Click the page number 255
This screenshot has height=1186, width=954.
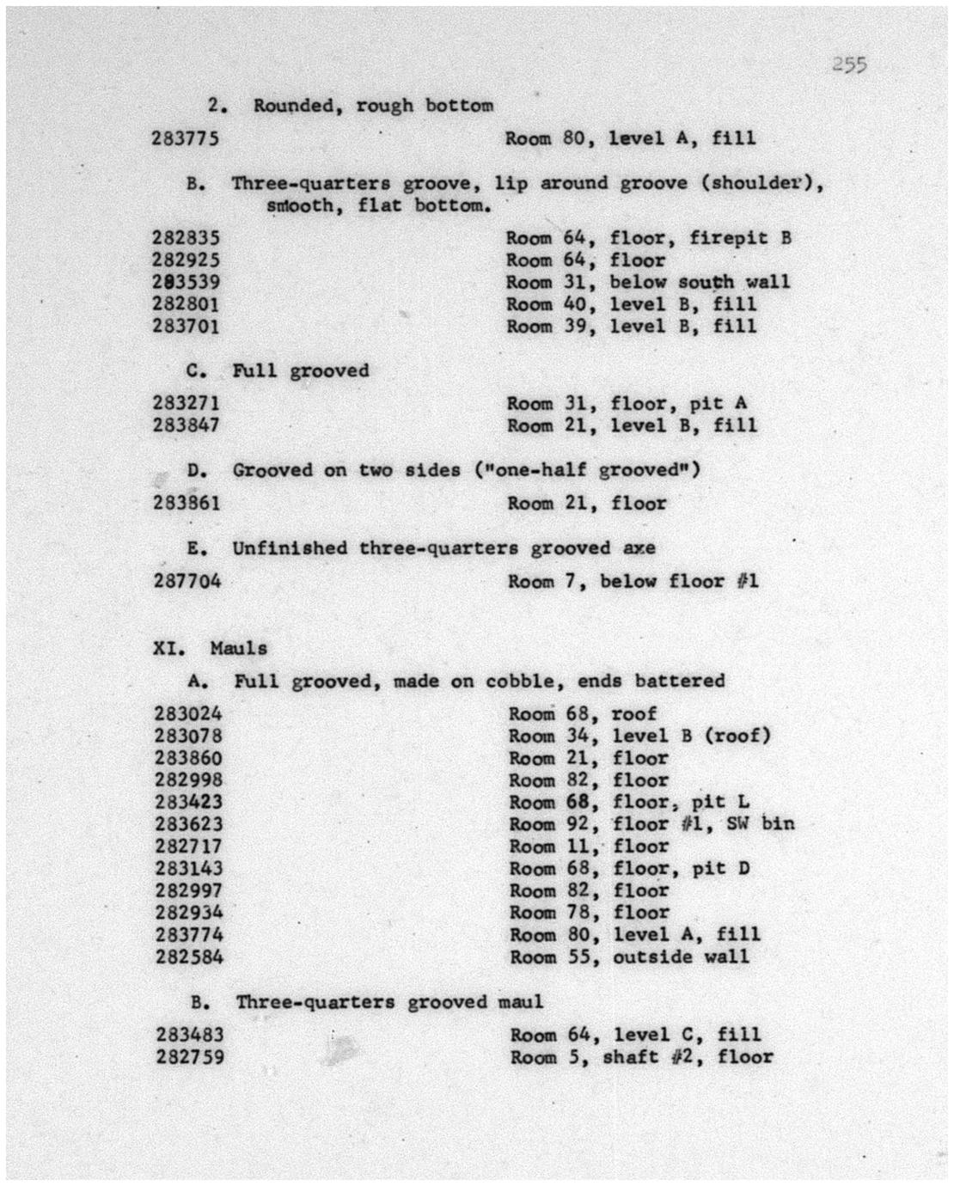(x=848, y=64)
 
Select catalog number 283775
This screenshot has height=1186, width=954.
(x=185, y=138)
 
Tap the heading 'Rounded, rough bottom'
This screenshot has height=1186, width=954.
(x=373, y=106)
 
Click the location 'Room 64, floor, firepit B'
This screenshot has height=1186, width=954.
(x=648, y=238)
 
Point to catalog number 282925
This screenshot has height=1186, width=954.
(x=186, y=260)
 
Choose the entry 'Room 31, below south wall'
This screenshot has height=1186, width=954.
(x=647, y=282)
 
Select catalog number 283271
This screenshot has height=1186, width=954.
(x=187, y=403)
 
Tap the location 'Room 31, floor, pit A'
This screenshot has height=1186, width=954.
(x=627, y=403)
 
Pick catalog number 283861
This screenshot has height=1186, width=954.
(x=187, y=503)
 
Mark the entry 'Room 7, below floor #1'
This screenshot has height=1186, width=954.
(x=633, y=581)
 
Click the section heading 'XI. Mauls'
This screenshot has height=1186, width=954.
(x=210, y=648)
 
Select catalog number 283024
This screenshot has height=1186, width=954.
(x=188, y=714)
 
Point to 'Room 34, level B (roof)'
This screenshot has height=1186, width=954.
(x=639, y=736)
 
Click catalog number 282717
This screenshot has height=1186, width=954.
(x=188, y=847)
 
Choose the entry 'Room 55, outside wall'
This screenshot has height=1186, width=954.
(x=629, y=957)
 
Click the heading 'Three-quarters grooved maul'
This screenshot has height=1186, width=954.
(x=389, y=1002)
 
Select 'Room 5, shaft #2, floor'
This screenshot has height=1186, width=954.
(x=641, y=1057)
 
